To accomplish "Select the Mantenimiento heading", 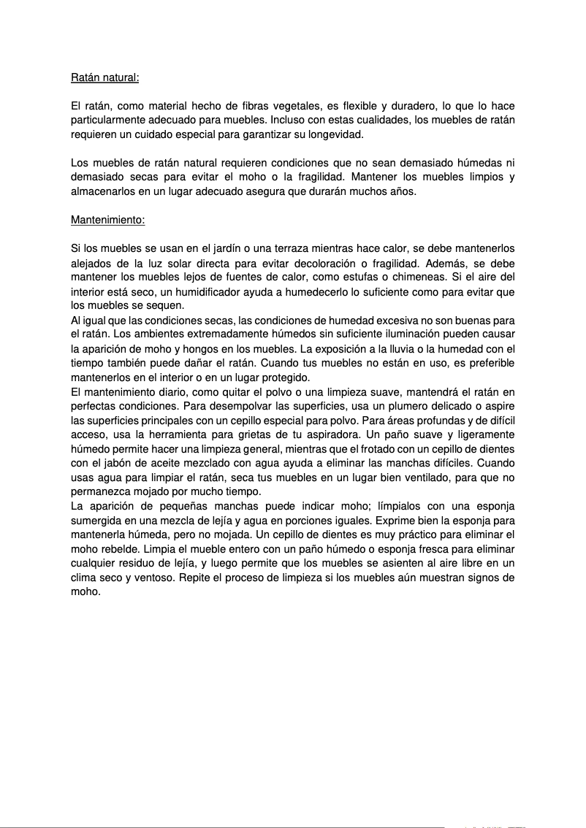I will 108,219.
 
